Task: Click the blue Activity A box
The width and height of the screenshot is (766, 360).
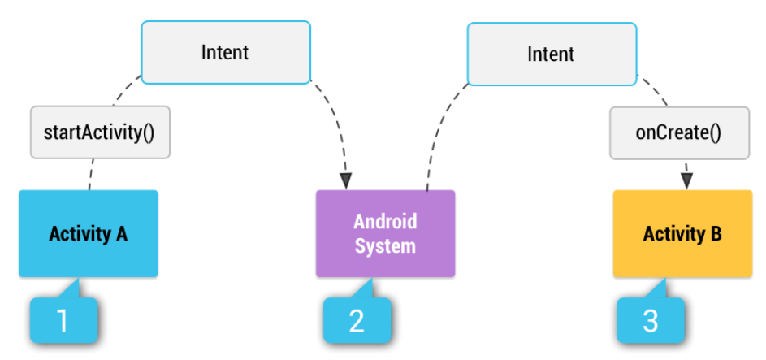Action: click(x=88, y=234)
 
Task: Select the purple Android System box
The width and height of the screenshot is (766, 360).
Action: click(x=385, y=234)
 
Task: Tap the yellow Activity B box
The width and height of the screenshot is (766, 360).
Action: click(x=682, y=234)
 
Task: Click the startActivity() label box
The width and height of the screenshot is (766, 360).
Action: click(x=101, y=131)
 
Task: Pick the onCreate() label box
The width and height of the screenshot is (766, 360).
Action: click(x=679, y=131)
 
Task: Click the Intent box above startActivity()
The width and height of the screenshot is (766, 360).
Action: click(x=226, y=53)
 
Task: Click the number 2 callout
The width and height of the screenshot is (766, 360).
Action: click(x=357, y=320)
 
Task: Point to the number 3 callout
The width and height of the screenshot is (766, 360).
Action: click(x=650, y=320)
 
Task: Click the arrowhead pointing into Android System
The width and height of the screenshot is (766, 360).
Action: click(x=347, y=181)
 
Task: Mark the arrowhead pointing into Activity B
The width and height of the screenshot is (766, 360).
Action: click(x=686, y=180)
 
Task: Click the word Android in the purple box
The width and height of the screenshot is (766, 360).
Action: click(x=385, y=222)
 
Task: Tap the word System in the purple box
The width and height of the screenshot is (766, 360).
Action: click(x=385, y=245)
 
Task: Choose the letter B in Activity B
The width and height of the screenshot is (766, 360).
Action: click(x=716, y=234)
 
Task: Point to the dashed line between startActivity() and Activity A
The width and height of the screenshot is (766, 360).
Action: click(x=92, y=174)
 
